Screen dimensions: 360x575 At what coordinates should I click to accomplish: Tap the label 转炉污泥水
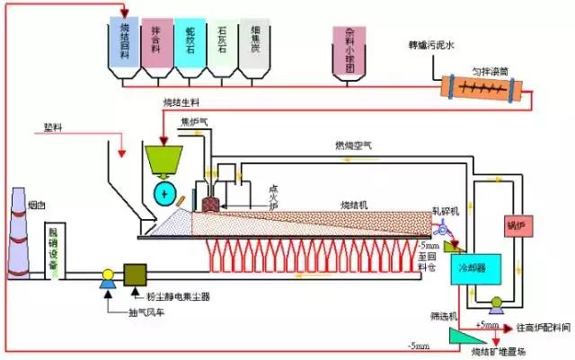click(432, 43)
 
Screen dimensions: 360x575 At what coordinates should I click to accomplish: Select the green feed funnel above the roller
click(163, 162)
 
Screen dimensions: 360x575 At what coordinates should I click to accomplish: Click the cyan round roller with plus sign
click(164, 194)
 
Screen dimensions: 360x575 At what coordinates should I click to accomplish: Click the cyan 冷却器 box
click(469, 268)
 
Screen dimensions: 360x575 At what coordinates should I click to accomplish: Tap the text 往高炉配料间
click(539, 328)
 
